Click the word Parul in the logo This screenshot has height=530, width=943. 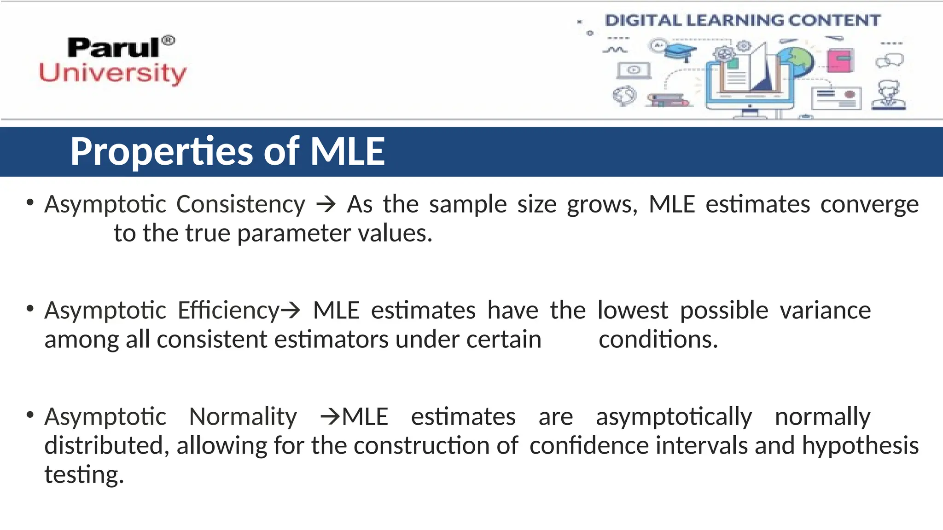pyautogui.click(x=113, y=48)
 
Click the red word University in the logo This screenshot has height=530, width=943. pyautogui.click(x=113, y=74)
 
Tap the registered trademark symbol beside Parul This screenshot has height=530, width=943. pyautogui.click(x=169, y=40)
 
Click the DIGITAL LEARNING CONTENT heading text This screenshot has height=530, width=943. pyautogui.click(x=742, y=20)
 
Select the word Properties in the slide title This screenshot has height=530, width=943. pyautogui.click(x=161, y=152)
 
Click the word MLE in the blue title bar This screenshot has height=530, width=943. pyautogui.click(x=348, y=152)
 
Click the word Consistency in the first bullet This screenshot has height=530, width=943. pyautogui.click(x=240, y=204)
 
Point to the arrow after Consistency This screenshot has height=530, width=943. pyautogui.click(x=326, y=204)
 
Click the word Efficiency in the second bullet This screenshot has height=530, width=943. pyautogui.click(x=229, y=311)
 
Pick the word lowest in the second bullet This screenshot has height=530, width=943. pyautogui.click(x=633, y=311)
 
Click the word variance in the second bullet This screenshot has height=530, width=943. pyautogui.click(x=825, y=311)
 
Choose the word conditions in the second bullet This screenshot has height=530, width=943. pyautogui.click(x=658, y=340)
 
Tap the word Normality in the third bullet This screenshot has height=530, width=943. pyautogui.click(x=243, y=417)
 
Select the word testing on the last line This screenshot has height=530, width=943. pyautogui.click(x=84, y=475)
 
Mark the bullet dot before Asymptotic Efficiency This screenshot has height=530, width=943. pyautogui.click(x=30, y=309)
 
